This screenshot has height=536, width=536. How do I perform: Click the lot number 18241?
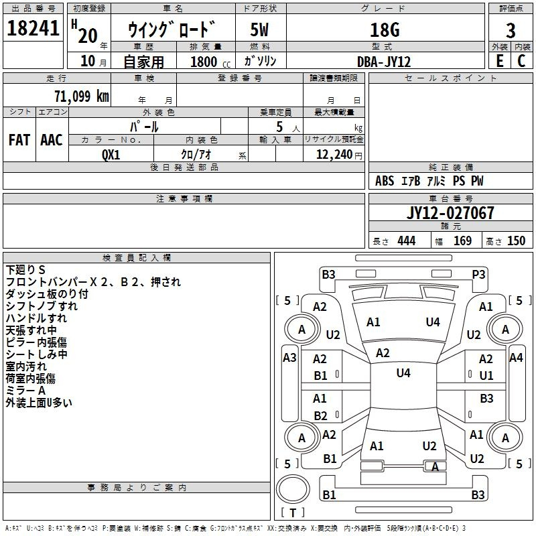pyautogui.click(x=33, y=29)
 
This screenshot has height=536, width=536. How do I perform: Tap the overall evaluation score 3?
pyautogui.click(x=511, y=31)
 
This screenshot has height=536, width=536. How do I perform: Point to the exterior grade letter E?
pyautogui.click(x=499, y=60)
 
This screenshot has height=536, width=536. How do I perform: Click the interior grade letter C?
pyautogui.click(x=521, y=60)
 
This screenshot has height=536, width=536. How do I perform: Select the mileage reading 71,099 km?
pyautogui.click(x=81, y=96)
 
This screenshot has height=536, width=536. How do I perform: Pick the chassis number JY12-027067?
pyautogui.click(x=450, y=213)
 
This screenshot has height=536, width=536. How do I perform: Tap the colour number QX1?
pyautogui.click(x=111, y=153)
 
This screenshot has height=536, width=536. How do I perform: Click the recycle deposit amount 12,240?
pyautogui.click(x=335, y=154)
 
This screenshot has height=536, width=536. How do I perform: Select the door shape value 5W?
pyautogui.click(x=260, y=30)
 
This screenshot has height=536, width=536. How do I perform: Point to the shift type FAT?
pyautogui.click(x=19, y=139)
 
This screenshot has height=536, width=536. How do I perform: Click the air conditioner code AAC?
pyautogui.click(x=52, y=139)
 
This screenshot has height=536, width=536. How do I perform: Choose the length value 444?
pyautogui.click(x=406, y=241)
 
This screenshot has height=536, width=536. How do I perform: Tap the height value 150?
pyautogui.click(x=516, y=241)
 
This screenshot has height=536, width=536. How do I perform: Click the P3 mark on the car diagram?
pyautogui.click(x=478, y=274)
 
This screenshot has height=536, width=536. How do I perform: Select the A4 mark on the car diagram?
pyautogui.click(x=515, y=358)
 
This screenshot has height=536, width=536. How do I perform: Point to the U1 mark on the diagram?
pyautogui.click(x=486, y=375)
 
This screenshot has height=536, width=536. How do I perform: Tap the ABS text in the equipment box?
pyautogui.click(x=385, y=181)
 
